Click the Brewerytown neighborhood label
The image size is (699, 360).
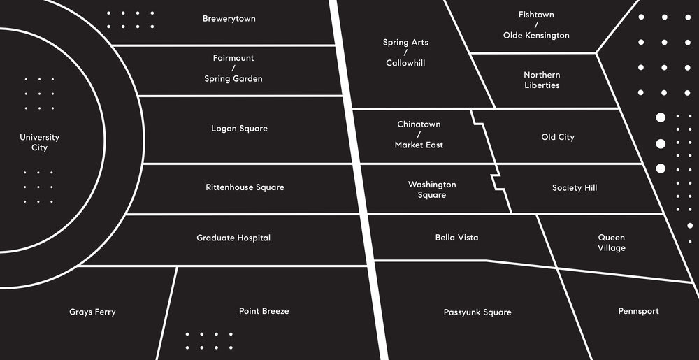[x=229, y=19]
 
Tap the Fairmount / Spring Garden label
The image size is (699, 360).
[x=233, y=69]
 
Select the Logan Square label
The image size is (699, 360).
[x=239, y=129]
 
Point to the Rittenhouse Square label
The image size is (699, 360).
[x=245, y=187]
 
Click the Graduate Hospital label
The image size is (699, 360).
[x=233, y=238]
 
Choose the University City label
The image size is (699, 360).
[x=39, y=143]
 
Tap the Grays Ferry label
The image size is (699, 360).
[x=92, y=312]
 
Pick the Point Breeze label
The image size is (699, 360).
[x=264, y=311]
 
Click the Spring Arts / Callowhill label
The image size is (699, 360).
[x=405, y=52]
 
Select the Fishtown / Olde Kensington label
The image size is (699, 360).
[x=536, y=24]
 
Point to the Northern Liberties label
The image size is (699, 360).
[x=542, y=80]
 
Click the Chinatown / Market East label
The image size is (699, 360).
[x=419, y=134]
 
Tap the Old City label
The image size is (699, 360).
[x=558, y=137]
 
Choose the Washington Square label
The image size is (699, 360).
[x=432, y=189]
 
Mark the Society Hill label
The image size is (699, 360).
[x=575, y=188]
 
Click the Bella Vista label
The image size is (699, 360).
[x=456, y=238]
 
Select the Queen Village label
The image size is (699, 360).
[x=611, y=243]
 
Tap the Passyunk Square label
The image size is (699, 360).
[x=477, y=312]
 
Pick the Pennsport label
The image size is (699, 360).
[x=638, y=311]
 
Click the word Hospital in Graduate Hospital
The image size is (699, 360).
[x=253, y=238]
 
